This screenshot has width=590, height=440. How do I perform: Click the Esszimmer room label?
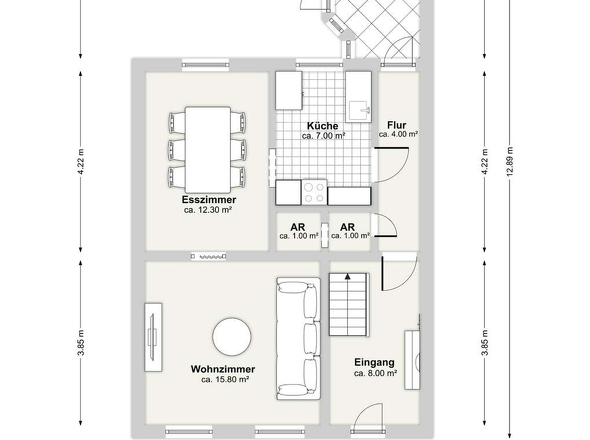pyautogui.click(x=209, y=199)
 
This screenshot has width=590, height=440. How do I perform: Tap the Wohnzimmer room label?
pyautogui.click(x=223, y=369)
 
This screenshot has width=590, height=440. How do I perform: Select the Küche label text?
pyautogui.click(x=322, y=126)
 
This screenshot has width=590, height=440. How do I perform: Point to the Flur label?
pyautogui.click(x=397, y=125)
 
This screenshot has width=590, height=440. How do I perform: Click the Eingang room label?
pyautogui.click(x=374, y=362)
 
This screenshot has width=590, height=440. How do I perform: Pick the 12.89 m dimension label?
pyautogui.click(x=510, y=161)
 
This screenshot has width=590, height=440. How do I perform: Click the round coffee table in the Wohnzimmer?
pyautogui.click(x=232, y=337)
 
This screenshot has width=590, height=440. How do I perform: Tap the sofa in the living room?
pyautogui.click(x=298, y=338)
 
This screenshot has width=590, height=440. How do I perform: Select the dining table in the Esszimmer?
pyautogui.click(x=208, y=150)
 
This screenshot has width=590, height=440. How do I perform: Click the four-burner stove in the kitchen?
pyautogui.click(x=314, y=192)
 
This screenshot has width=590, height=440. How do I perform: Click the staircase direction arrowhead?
pyautogui.click(x=348, y=277)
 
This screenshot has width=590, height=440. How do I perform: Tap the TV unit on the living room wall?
pyautogui.click(x=153, y=338)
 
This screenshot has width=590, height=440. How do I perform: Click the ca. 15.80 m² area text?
pyautogui.click(x=225, y=379)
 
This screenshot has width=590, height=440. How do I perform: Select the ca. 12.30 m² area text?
pyautogui.click(x=208, y=210)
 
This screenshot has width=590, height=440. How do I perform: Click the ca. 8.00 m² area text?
pyautogui.click(x=376, y=373)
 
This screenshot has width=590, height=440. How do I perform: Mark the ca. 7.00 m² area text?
pyautogui.click(x=324, y=136)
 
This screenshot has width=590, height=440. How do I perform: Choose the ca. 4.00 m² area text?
pyautogui.click(x=398, y=134)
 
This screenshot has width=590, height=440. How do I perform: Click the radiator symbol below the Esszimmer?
pyautogui.click(x=208, y=257)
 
